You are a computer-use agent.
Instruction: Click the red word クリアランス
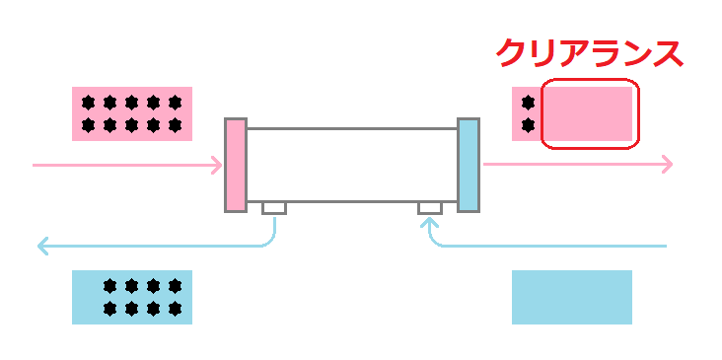(589, 52)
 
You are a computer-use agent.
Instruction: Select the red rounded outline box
(590, 113)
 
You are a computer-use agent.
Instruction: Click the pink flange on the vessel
(235, 165)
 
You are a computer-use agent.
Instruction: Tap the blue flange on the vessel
(469, 165)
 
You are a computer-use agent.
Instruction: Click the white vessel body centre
(351, 165)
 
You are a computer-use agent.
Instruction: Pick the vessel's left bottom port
(273, 208)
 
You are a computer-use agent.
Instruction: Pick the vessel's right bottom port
(429, 208)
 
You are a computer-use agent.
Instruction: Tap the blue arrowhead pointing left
(42, 246)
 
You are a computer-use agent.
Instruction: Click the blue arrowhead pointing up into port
(429, 222)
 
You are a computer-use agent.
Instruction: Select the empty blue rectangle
(571, 297)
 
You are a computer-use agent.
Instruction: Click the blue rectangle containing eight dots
(132, 297)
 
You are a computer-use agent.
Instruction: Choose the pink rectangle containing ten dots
(132, 113)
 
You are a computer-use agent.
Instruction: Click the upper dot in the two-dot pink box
(528, 102)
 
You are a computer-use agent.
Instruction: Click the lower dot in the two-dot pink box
(528, 125)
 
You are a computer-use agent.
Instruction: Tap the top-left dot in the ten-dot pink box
(89, 102)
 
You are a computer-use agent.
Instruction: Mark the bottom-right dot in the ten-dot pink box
(176, 125)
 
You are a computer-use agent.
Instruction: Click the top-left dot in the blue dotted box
(110, 286)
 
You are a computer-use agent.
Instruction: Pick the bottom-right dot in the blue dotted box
(176, 309)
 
